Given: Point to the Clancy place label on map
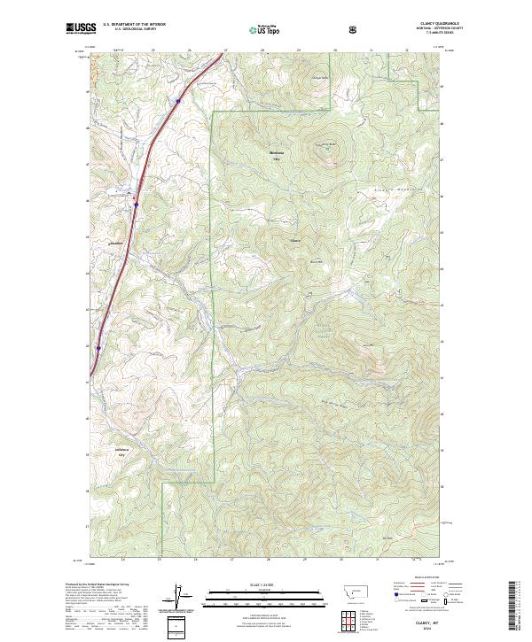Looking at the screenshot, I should click(295, 241).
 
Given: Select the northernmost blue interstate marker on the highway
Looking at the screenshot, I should click(178, 102).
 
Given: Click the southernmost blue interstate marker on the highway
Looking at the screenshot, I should click(98, 348).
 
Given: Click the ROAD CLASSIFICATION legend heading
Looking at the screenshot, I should click(422, 581).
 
